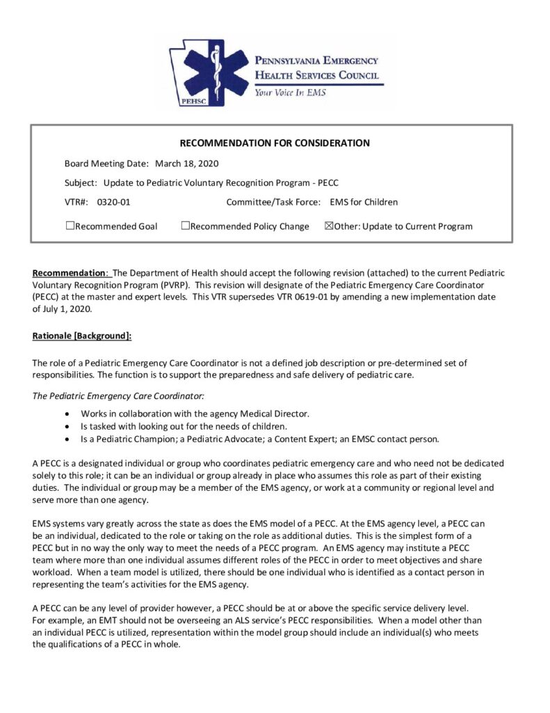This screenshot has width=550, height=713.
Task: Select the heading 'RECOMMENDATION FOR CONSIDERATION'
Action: pyautogui.click(x=275, y=143)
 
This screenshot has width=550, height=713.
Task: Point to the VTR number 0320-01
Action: pyautogui.click(x=113, y=203)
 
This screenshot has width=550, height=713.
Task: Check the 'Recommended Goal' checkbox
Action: pyautogui.click(x=70, y=226)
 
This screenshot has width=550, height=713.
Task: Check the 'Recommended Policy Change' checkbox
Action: pyautogui.click(x=185, y=226)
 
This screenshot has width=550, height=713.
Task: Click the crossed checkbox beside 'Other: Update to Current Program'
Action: pyautogui.click(x=329, y=226)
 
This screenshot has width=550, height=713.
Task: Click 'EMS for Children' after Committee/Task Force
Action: pyautogui.click(x=364, y=203)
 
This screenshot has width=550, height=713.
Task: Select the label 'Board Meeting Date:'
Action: pyautogui.click(x=106, y=164)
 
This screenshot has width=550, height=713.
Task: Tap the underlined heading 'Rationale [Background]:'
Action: pyautogui.click(x=82, y=336)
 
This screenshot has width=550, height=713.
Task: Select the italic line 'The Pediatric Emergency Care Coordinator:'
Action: pyautogui.click(x=118, y=395)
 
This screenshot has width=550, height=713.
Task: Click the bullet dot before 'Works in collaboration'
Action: pyautogui.click(x=66, y=414)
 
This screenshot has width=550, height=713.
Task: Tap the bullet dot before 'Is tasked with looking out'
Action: pyautogui.click(x=66, y=426)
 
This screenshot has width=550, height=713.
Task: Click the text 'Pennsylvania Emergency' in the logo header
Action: pyautogui.click(x=316, y=61)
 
